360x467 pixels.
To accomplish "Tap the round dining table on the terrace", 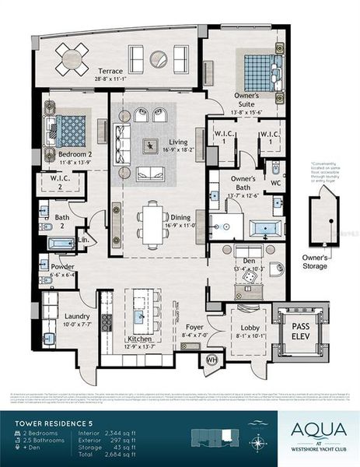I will coord(72,57).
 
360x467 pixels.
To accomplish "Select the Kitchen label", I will coord(140,339).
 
